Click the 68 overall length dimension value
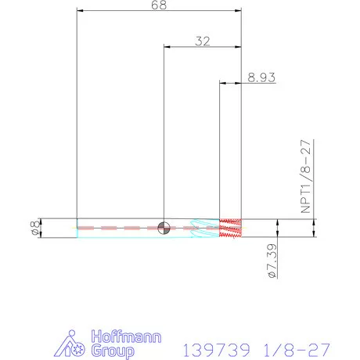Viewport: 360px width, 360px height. coord(159,5)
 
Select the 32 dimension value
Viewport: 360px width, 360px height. coord(203,41)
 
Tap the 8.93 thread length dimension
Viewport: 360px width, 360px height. coord(261,77)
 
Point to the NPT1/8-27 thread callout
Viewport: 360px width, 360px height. coord(306,177)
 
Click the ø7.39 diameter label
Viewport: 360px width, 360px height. coord(272,261)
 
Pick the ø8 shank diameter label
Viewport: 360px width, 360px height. coord(35,228)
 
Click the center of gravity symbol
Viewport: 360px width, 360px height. coord(164,229)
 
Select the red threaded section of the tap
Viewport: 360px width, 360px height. coord(230,229)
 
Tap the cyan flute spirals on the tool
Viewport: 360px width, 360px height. coord(204,229)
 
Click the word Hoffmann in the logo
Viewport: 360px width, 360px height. coord(126,337)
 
